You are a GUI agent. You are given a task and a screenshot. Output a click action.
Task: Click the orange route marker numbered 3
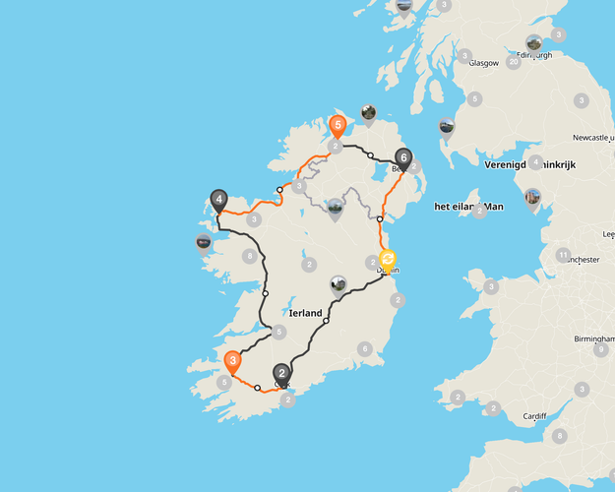232,361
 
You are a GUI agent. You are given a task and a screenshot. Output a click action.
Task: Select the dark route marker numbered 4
218,199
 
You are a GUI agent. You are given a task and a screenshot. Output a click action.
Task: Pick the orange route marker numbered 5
338,126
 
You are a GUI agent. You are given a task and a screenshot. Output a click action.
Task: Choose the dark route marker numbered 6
403,156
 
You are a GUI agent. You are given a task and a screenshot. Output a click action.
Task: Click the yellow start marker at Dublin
388,261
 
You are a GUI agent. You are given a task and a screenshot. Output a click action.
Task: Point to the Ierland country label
305,313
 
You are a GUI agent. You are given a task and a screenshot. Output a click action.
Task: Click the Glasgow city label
484,63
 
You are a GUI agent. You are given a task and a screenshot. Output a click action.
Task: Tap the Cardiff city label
534,415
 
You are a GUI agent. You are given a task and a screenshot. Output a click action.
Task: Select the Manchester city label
581,260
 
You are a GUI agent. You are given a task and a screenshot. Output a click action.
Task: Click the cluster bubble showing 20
513,62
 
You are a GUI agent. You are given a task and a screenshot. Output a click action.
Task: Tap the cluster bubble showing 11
563,256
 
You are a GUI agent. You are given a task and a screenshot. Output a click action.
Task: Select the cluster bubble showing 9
600,349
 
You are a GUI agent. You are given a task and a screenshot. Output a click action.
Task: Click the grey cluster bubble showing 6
364,349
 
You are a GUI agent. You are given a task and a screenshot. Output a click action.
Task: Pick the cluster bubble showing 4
535,163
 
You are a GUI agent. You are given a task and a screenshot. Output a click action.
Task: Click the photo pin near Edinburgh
534,43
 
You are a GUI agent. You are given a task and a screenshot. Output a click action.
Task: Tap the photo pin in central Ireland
338,285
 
